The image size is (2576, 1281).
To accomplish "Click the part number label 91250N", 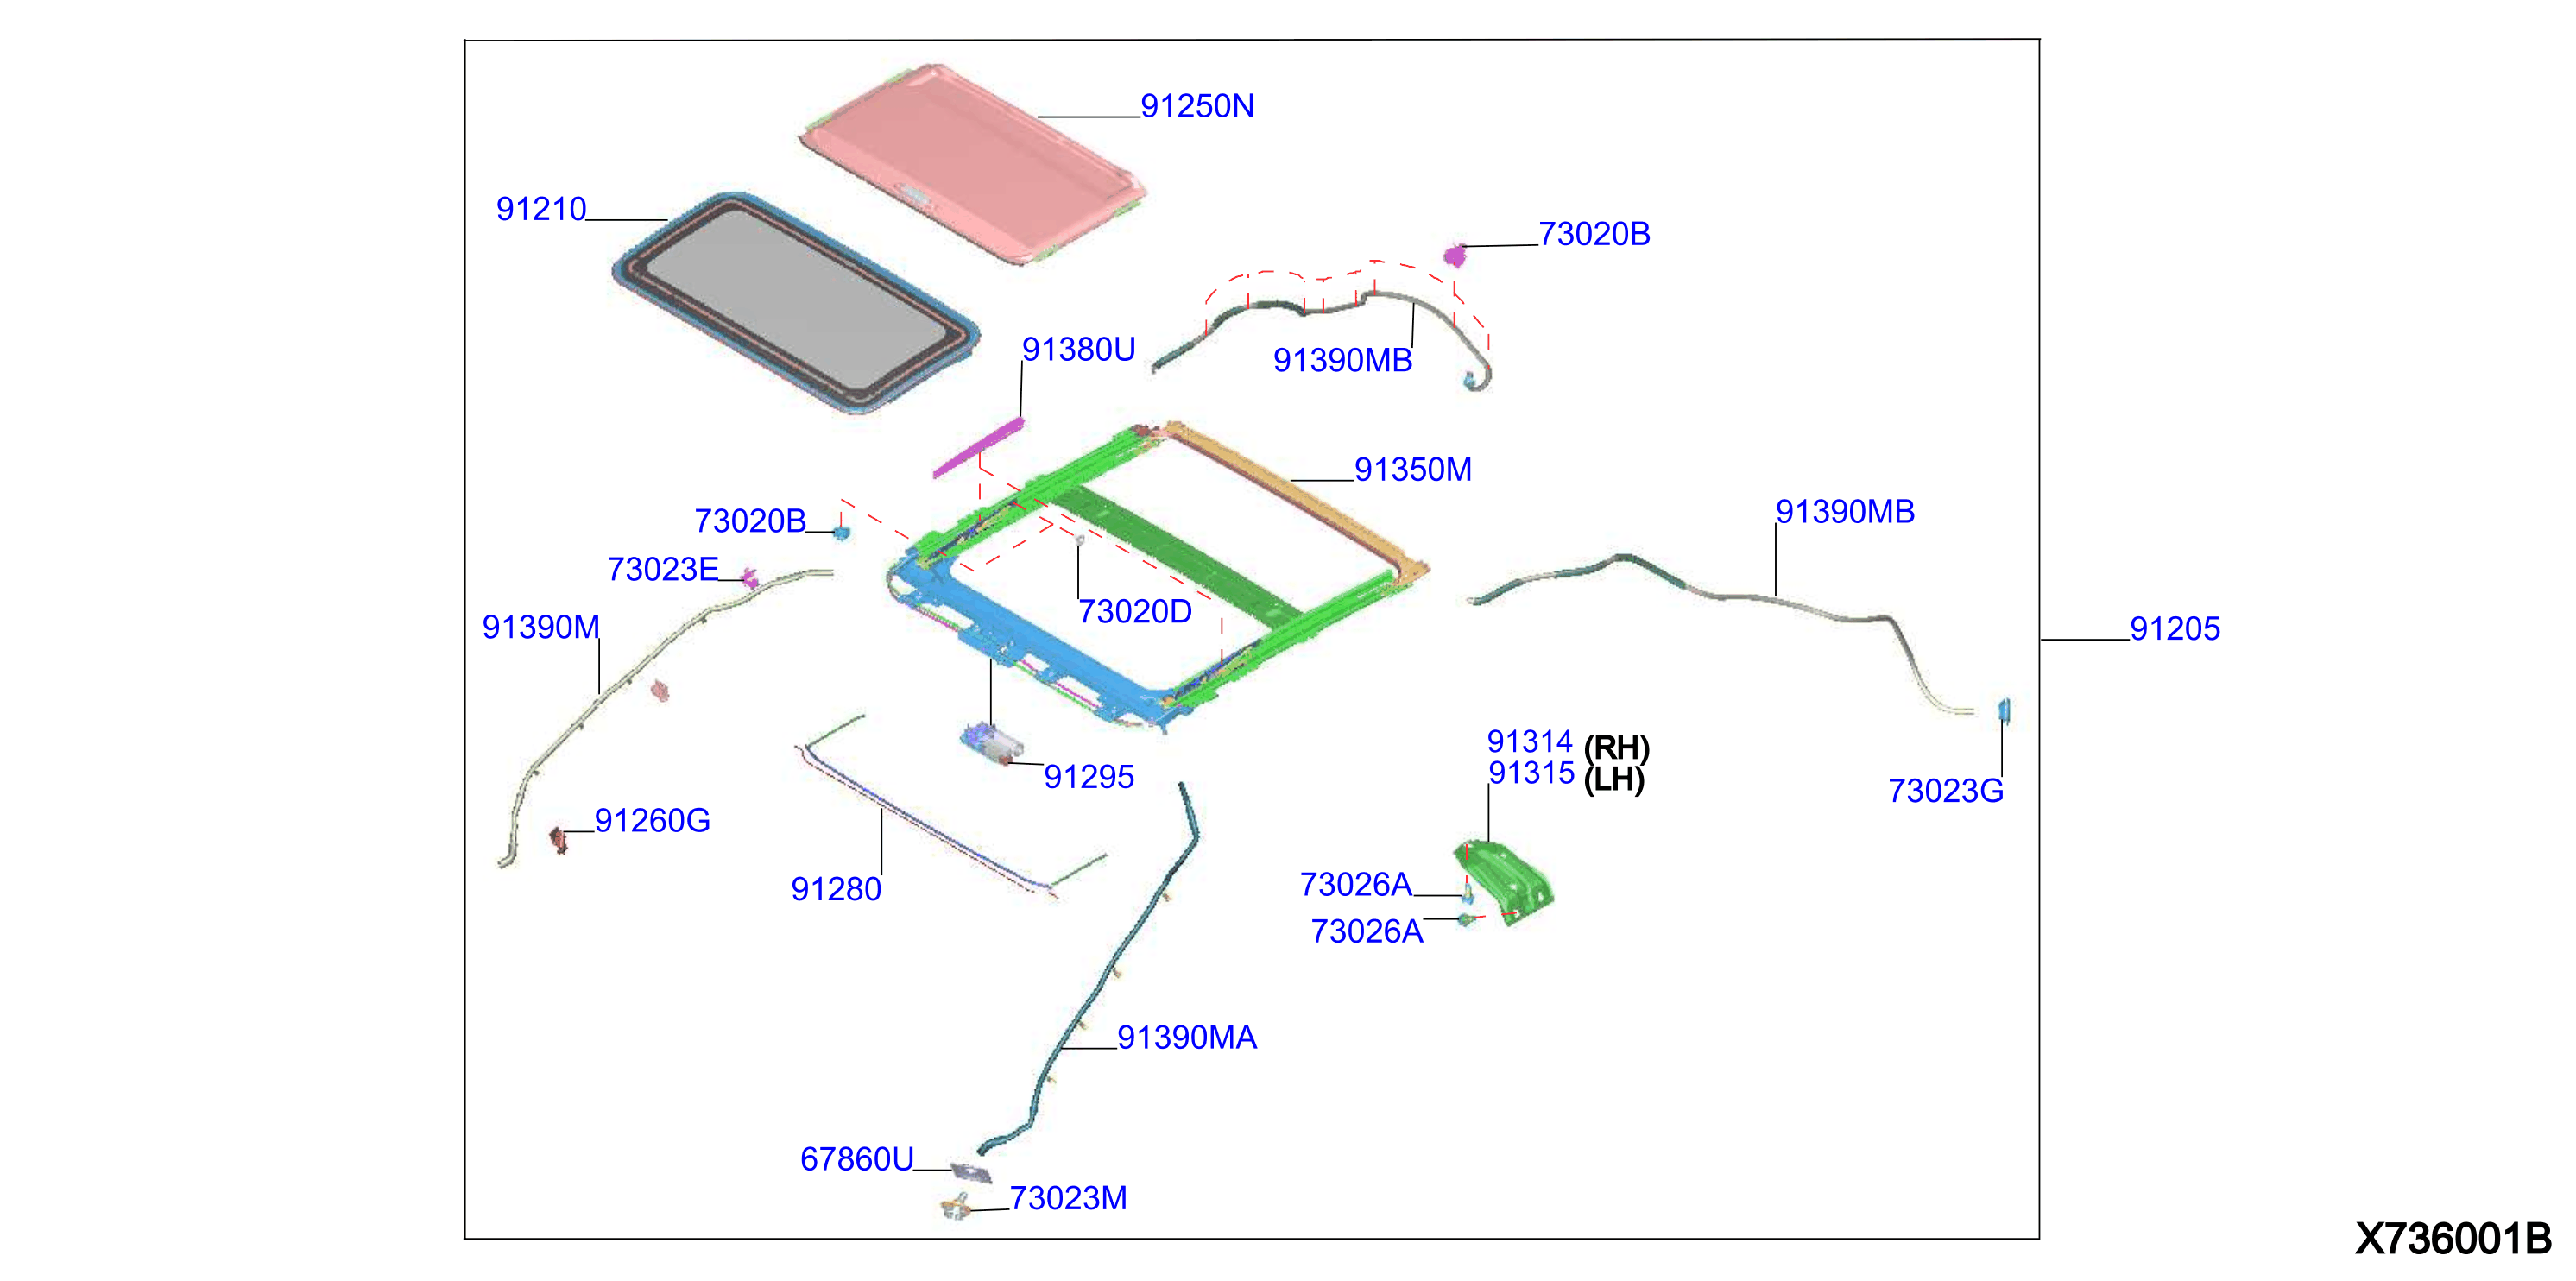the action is point(1197,106).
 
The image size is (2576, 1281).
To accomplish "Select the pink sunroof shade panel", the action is point(972,163).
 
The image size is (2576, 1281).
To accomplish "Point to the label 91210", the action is point(541,209).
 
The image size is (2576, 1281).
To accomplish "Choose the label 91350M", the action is point(1413,469).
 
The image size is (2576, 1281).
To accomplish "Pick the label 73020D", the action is point(1135,611).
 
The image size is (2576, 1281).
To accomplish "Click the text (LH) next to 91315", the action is point(1614,779).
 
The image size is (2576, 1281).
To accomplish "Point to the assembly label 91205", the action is point(2175,628).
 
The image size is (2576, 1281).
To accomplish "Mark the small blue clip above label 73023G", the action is point(2003,710).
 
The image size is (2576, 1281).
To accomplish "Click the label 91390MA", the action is point(1187,1037).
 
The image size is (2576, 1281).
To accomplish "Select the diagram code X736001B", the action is point(2453,1238).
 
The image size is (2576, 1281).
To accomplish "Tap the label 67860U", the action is point(857,1159).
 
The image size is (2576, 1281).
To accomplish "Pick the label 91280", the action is point(836,889).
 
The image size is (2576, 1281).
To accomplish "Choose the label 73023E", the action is point(663,569).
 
